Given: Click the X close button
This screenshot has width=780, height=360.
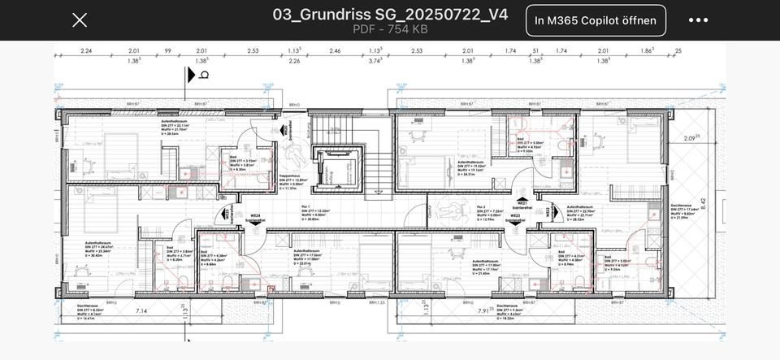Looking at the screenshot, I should tap(80, 20).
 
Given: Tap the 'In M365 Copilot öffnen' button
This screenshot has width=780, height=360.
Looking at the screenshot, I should tap(596, 20).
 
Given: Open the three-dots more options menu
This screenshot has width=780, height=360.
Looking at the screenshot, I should tap(698, 20).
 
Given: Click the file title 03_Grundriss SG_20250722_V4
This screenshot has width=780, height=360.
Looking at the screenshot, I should tap(390, 14).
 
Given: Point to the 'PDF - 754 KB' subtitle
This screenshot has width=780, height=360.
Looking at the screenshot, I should tap(390, 29).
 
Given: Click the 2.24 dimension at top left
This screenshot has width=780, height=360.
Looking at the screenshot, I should tap(86, 51).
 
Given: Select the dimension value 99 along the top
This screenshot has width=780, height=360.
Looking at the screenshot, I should tap(167, 51).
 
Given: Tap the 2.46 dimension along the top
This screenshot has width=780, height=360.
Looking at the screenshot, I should tap(335, 51).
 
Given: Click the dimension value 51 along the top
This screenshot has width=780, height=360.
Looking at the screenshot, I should tap(536, 51).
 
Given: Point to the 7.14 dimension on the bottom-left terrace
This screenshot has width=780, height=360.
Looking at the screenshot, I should tap(141, 310).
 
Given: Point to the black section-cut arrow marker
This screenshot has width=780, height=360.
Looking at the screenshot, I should tap(193, 75).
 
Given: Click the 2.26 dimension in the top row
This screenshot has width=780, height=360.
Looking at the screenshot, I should tap(294, 61).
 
